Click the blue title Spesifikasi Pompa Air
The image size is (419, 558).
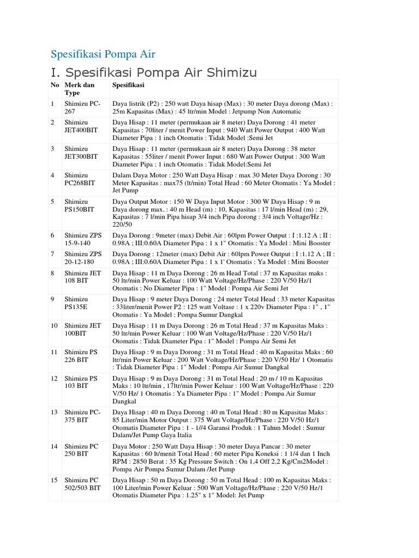[x=103, y=54]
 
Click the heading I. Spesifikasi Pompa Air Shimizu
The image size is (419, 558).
[x=153, y=72]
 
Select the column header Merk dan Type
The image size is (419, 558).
[x=80, y=89]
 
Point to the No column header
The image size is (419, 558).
[x=55, y=85]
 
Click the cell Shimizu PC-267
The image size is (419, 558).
[x=82, y=107]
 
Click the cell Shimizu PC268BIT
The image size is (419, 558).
[x=80, y=179]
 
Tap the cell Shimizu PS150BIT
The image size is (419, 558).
[x=80, y=205]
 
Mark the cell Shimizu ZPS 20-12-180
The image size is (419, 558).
[x=83, y=258]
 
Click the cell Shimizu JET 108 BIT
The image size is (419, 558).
[x=83, y=277]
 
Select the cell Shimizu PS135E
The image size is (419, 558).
[x=78, y=303]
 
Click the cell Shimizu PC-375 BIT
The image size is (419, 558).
[x=82, y=416]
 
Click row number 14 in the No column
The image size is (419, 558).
[x=54, y=446]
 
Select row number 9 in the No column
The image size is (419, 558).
[x=52, y=299]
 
